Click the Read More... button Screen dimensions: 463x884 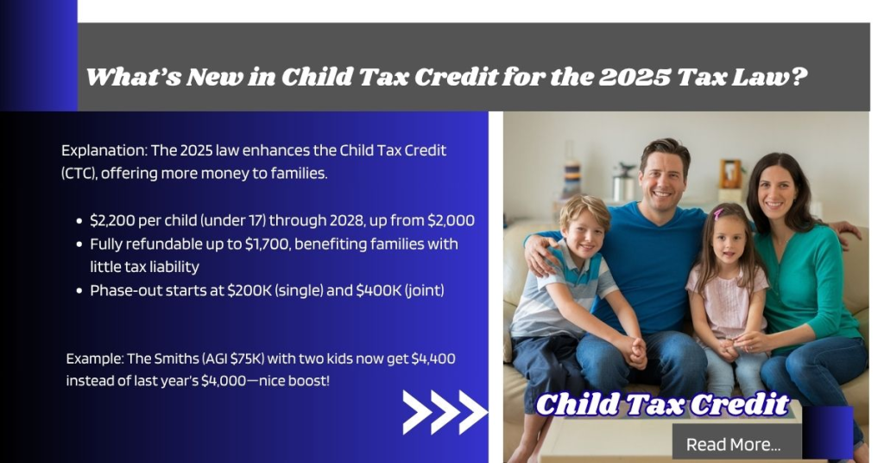tap(733, 444)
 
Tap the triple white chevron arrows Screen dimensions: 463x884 tap(445, 411)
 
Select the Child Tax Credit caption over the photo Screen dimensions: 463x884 tap(662, 404)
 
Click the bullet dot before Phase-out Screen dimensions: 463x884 tap(79, 291)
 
